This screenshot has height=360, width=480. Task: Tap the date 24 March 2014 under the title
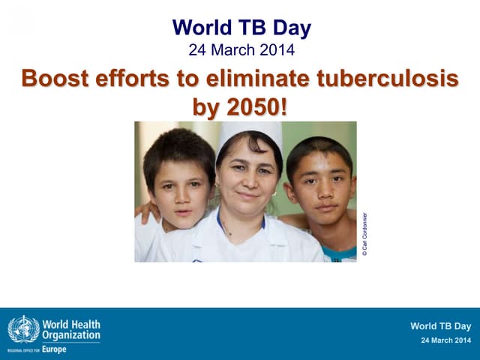click(241, 51)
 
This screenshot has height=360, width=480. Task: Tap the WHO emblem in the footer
click(22, 329)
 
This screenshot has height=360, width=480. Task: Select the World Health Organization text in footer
click(71, 330)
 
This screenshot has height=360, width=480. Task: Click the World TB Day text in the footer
click(440, 326)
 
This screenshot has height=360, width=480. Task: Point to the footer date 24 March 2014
click(446, 341)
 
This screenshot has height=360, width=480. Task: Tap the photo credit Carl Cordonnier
click(364, 235)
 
